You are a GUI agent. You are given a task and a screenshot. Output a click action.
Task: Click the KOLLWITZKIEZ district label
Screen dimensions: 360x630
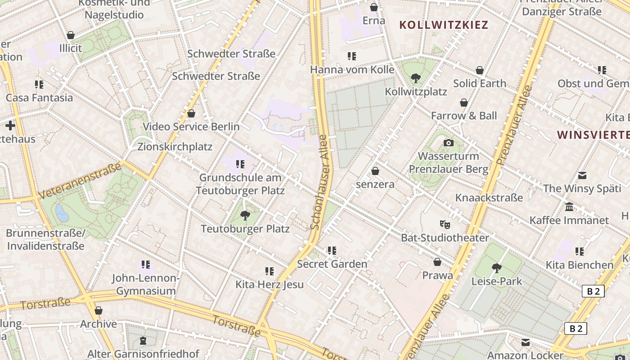click(444, 25)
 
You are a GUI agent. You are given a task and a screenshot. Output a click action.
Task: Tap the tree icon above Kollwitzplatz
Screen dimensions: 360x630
click(416, 78)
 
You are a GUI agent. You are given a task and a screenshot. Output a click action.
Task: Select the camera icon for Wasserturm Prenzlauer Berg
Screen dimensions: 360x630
click(449, 143)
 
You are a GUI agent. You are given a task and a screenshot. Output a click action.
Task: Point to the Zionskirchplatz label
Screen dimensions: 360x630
click(175, 147)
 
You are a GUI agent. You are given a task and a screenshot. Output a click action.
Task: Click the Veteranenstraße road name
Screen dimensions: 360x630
click(81, 181)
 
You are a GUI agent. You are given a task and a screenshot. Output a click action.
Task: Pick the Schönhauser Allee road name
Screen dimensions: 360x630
click(321, 182)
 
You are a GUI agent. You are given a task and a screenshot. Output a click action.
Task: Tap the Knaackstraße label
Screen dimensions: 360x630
click(489, 198)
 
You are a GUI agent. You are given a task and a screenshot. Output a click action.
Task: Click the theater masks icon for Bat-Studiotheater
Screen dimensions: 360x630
click(445, 224)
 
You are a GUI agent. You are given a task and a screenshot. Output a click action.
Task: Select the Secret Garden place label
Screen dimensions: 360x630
click(332, 264)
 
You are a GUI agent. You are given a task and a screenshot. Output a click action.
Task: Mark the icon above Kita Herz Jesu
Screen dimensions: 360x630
click(270, 271)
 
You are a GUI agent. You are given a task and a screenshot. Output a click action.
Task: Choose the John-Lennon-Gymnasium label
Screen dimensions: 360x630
click(146, 284)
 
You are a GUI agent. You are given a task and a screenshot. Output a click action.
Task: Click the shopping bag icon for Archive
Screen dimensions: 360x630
click(99, 310)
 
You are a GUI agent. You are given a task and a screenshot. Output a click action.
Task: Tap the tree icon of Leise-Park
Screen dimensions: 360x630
click(496, 268)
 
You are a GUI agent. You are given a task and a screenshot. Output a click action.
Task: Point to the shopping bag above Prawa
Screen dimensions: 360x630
click(437, 262)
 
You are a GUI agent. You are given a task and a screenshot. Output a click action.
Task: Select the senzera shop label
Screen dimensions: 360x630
click(375, 184)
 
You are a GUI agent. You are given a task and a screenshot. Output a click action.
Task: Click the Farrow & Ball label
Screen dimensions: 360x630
click(464, 116)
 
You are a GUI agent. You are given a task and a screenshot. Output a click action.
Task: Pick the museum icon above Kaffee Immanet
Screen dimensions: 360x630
click(569, 207)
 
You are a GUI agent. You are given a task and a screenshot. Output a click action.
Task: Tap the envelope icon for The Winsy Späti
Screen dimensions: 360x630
click(582, 175)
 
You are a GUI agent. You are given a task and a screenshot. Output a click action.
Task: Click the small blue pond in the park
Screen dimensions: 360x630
click(62, 213)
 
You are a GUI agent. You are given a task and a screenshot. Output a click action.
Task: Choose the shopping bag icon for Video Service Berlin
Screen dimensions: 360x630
click(191, 113)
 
